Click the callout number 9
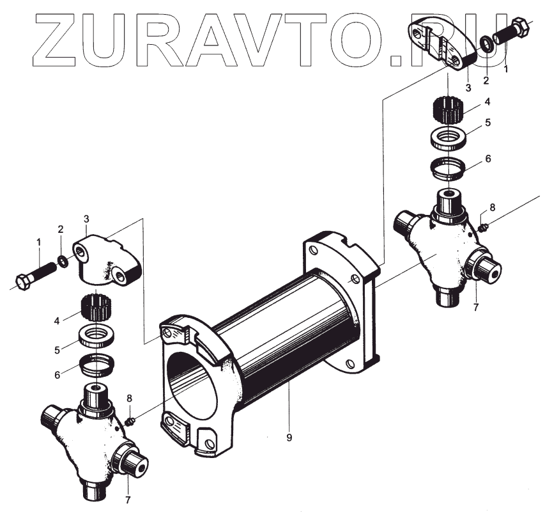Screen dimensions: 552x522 289,438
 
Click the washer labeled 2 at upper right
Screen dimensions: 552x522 486,43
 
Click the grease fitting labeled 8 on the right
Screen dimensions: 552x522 484,226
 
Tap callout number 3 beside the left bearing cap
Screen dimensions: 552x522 87,219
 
